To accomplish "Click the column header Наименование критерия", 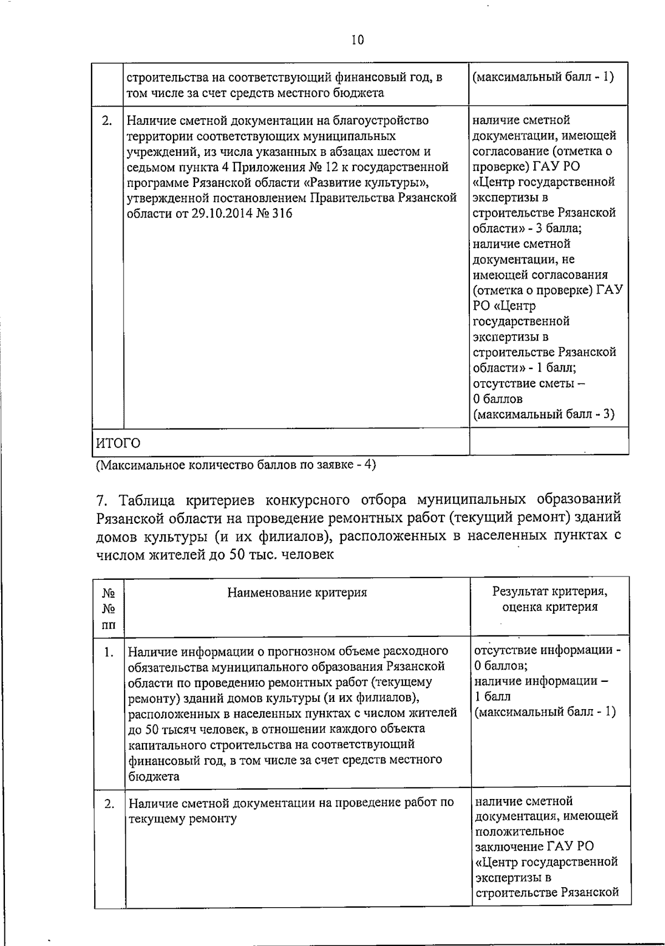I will click(x=297, y=593).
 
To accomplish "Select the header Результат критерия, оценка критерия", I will click(x=550, y=599).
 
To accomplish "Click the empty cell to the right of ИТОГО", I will click(x=549, y=442).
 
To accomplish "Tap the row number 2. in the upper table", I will click(x=108, y=120).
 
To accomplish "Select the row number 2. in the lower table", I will click(x=110, y=803).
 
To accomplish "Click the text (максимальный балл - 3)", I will click(x=544, y=414).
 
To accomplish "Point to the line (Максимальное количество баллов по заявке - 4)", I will click(x=236, y=465).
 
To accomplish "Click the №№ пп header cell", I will click(x=109, y=608).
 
